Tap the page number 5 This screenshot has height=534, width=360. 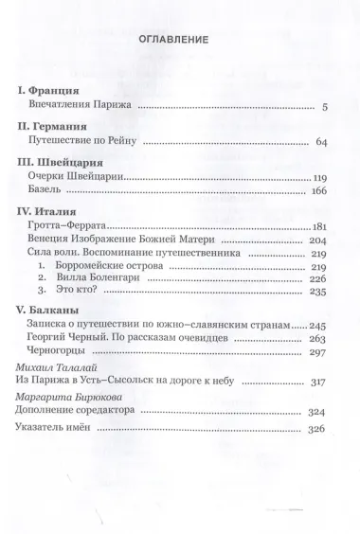[324, 107]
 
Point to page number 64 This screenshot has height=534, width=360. [320, 142]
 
